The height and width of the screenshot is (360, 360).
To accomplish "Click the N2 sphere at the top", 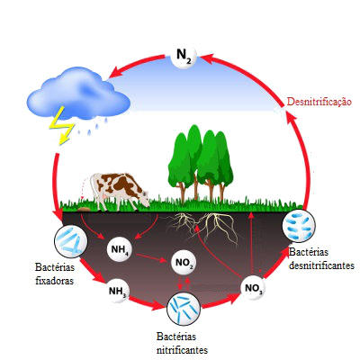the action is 184,56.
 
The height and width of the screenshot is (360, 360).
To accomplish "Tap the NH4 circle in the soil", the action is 120,248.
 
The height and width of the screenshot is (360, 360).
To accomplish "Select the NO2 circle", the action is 184,263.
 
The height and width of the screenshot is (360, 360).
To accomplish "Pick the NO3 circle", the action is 253,288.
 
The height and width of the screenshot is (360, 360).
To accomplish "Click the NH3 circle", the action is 118,291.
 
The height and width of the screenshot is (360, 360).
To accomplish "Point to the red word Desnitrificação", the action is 319,102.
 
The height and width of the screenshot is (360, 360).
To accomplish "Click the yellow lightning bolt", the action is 62,125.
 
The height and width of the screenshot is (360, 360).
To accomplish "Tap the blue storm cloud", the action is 78,93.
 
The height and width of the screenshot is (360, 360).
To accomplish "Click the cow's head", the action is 144,197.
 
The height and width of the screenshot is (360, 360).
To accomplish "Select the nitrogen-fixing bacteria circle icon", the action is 71,241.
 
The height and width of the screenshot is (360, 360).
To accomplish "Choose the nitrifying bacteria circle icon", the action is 184,309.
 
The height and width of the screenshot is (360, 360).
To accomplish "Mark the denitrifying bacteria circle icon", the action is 299,226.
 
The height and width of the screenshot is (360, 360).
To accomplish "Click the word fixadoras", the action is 54,281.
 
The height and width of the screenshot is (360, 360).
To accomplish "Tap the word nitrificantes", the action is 182,350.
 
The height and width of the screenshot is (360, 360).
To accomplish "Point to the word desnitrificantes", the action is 321,265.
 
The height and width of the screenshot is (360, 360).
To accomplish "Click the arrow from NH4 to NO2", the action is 151,258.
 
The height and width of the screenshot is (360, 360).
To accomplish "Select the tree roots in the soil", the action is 204,227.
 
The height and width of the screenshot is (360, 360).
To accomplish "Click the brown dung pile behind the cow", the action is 84,209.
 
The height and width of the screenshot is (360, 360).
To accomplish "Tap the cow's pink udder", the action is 104,196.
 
